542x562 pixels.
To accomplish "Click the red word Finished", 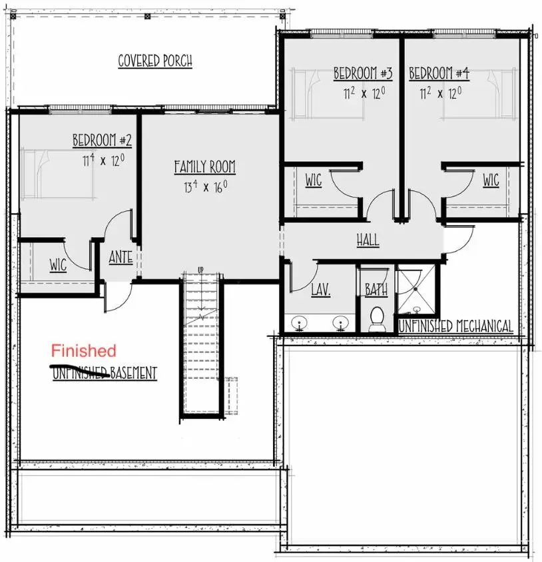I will tap(84, 350).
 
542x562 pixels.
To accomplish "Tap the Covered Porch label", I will tap(155, 61).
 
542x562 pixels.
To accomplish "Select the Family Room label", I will tap(204, 166).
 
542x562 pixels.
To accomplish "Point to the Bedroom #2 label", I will tap(102, 140).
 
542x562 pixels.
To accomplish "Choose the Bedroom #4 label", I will tap(439, 73).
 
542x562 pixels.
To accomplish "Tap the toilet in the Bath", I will tap(376, 318).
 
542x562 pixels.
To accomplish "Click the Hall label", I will tap(368, 240).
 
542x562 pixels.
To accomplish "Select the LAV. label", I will tap(320, 290).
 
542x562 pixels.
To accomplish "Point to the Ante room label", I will tap(120, 257).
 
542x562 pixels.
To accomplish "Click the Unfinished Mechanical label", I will tap(455, 326).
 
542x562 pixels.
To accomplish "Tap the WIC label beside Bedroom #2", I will tap(58, 265).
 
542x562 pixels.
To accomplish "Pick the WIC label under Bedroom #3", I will tap(313, 180).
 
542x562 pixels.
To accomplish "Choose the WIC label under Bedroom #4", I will tap(491, 180).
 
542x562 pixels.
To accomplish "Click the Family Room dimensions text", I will tap(206, 186).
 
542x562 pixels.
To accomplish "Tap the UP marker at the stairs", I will tap(200, 269).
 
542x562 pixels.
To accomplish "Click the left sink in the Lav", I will tap(300, 324).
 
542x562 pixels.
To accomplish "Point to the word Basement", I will tap(134, 373).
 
